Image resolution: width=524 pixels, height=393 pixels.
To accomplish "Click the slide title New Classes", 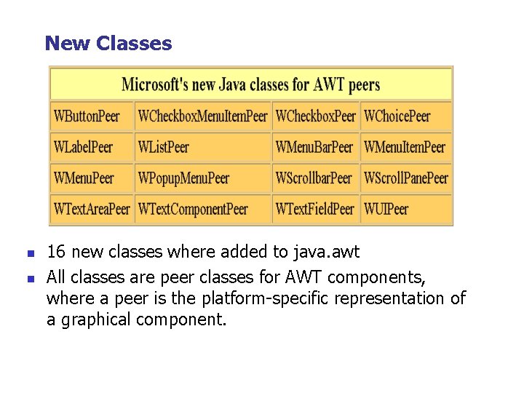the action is [108, 44].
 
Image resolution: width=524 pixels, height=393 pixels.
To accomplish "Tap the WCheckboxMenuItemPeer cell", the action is [203, 116].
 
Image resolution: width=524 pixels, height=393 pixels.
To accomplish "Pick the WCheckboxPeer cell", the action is [316, 116].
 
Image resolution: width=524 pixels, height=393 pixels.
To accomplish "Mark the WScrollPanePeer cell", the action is [406, 178].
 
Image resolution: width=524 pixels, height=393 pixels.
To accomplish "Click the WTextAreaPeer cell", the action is [92, 210].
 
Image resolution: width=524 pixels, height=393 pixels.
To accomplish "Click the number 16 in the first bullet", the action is [57, 253].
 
